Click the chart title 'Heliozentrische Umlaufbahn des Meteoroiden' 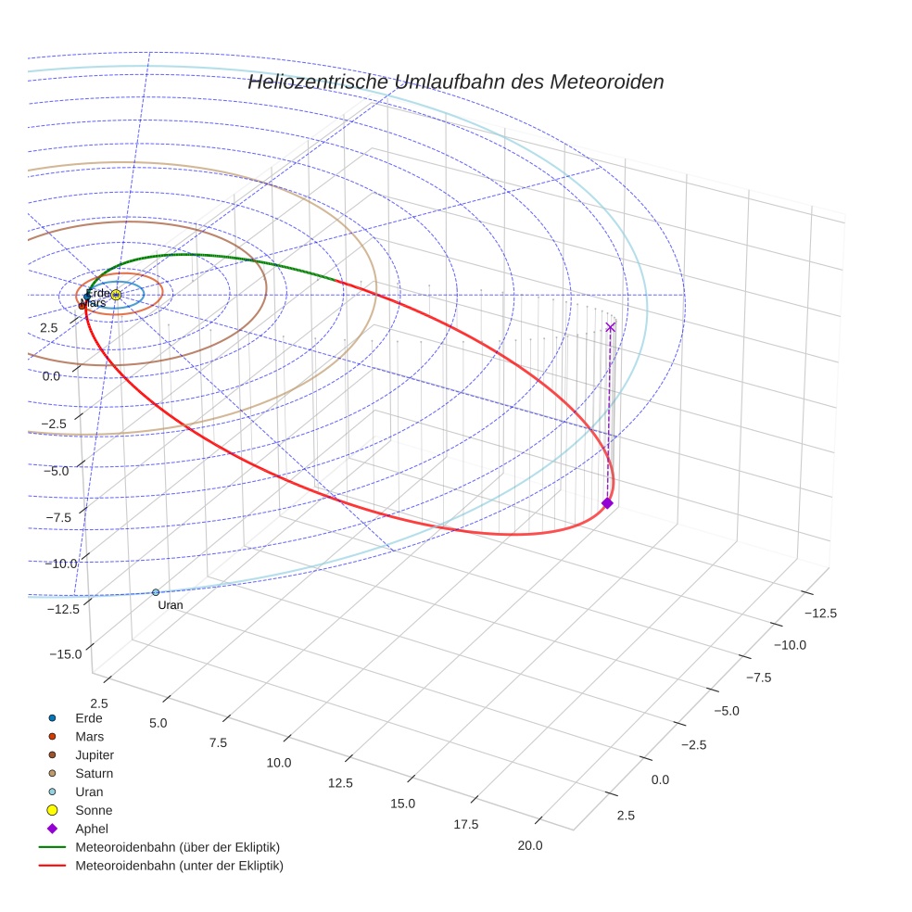click(455, 82)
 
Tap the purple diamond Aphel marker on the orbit click(607, 502)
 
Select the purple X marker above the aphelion click(610, 326)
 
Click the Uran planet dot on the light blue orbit click(156, 591)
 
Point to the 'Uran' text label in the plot click(171, 605)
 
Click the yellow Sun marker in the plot click(116, 295)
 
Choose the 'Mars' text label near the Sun click(94, 303)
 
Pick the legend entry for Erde click(88, 717)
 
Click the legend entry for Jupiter click(94, 754)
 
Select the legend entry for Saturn click(94, 773)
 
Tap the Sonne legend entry click(93, 810)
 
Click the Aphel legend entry click(92, 829)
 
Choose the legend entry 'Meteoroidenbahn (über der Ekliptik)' click(177, 847)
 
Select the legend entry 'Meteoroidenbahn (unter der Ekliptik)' click(179, 866)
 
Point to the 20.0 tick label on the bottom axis click(530, 844)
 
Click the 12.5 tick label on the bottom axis click(340, 783)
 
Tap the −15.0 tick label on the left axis click(65, 653)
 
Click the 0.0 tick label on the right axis click(659, 779)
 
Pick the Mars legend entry click(89, 736)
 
